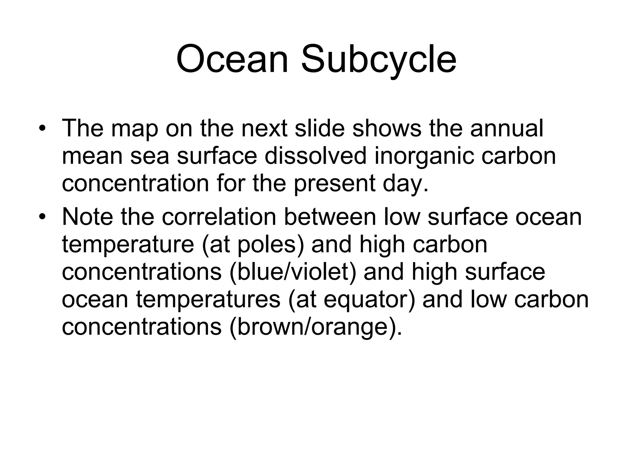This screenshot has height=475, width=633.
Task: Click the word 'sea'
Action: coord(150,156)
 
